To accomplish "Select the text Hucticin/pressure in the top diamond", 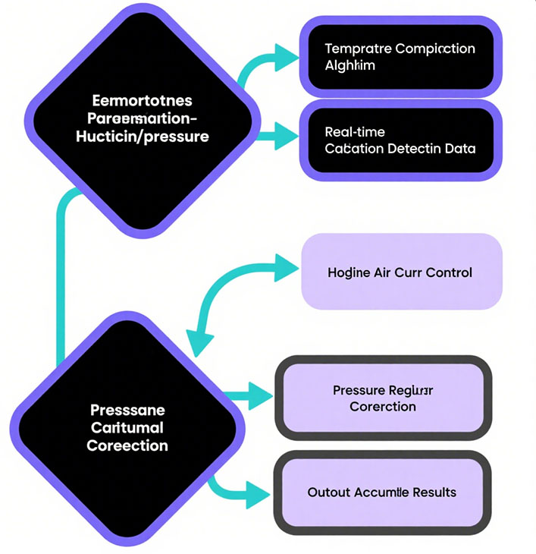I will pos(143,137).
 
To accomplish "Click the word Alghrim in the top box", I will pos(349,66).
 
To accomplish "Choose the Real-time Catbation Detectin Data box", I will pos(400,140).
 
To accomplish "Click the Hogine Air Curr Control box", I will pos(402,272).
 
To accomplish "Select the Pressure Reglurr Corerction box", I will pos(383,398).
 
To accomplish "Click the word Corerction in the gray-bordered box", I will pos(383,407).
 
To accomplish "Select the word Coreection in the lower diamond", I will pos(127,445).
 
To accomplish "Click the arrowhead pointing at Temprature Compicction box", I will pos(285,55).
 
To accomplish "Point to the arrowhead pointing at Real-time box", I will pos(286,138).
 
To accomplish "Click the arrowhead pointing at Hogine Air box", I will pos(286,267).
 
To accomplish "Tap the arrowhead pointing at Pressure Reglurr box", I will pos(259,394).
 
